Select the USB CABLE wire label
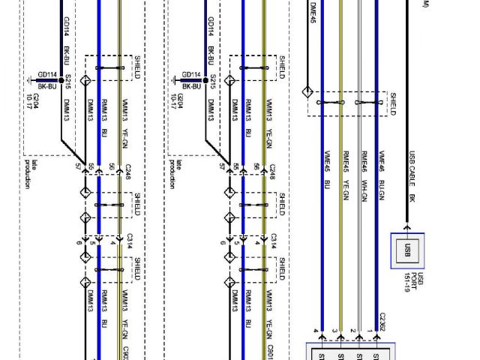[411, 165]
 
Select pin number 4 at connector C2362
[314, 331]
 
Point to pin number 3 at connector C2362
[333, 331]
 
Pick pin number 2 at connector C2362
[352, 331]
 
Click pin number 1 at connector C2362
[370, 331]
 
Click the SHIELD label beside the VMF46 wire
[392, 104]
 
